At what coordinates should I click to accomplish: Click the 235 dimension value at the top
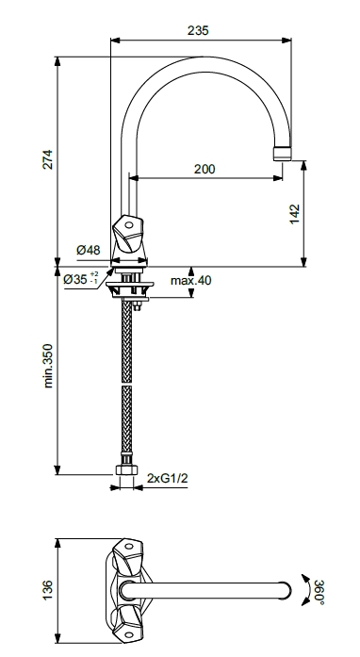click(x=198, y=30)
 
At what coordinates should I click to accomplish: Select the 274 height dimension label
click(x=48, y=159)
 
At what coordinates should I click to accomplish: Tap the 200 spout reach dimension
click(x=205, y=169)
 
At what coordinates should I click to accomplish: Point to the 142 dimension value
click(x=295, y=214)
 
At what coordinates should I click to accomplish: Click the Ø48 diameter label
click(x=89, y=250)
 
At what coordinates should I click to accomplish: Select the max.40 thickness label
click(x=190, y=280)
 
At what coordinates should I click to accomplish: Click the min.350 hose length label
click(x=48, y=366)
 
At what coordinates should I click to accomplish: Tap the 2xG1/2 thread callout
click(x=167, y=478)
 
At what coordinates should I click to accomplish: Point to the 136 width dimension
click(x=48, y=590)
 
